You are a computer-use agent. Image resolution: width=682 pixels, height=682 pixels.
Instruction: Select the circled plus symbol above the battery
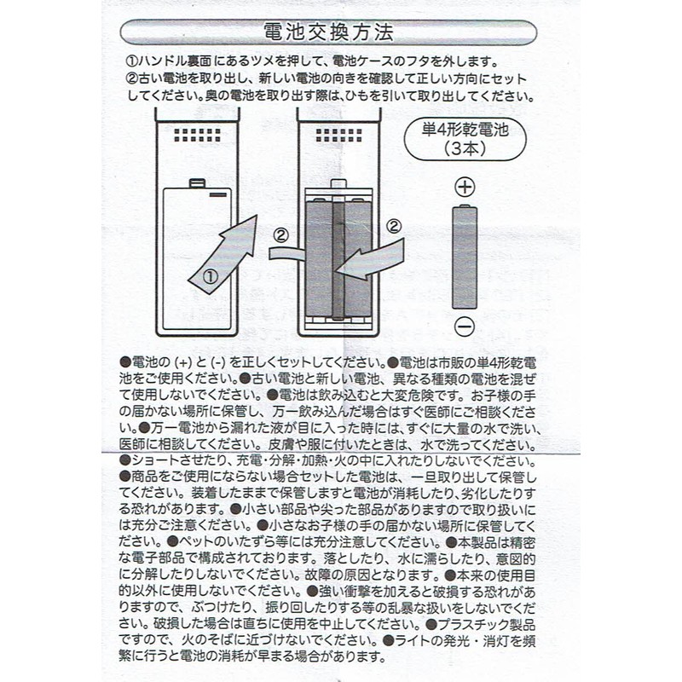(465, 187)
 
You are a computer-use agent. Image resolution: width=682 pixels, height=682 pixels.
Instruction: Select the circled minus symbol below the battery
(465, 326)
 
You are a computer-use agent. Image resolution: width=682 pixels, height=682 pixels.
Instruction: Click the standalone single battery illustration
(465, 257)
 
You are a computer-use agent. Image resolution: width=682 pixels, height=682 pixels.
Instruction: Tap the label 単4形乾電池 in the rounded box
(465, 130)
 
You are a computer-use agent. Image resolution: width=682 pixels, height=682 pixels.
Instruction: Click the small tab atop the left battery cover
(198, 182)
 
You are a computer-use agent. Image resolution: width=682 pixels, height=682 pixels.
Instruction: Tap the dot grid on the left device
(198, 135)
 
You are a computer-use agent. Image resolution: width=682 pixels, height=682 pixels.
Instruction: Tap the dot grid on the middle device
(338, 135)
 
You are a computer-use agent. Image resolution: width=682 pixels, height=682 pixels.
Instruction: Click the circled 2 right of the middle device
(393, 227)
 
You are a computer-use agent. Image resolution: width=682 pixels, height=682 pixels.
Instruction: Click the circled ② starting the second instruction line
(131, 79)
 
